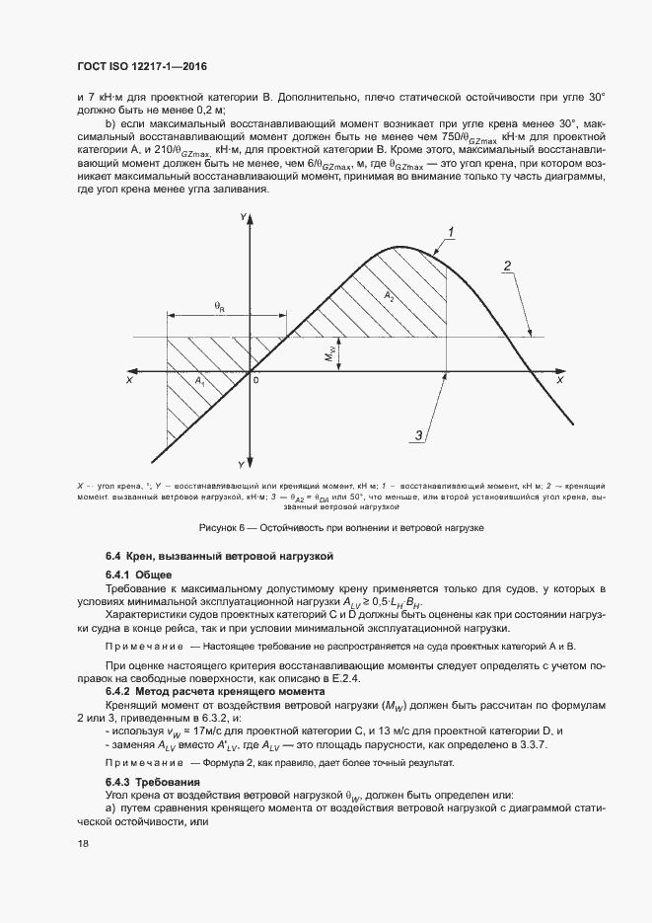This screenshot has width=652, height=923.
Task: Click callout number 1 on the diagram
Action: (451, 232)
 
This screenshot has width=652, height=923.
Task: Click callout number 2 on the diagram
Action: (507, 266)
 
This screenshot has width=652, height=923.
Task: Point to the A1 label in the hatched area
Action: (199, 381)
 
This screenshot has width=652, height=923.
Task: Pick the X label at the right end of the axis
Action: (559, 379)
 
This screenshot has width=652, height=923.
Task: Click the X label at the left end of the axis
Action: (130, 379)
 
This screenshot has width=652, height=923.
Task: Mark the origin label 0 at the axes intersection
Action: (255, 380)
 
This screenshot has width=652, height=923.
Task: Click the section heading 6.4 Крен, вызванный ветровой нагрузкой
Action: (220, 557)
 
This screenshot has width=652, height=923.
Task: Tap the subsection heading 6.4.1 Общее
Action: (139, 575)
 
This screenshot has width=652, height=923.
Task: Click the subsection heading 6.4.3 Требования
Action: (153, 781)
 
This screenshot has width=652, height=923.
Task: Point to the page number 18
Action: (82, 845)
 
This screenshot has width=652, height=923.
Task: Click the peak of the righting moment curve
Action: (398, 247)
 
